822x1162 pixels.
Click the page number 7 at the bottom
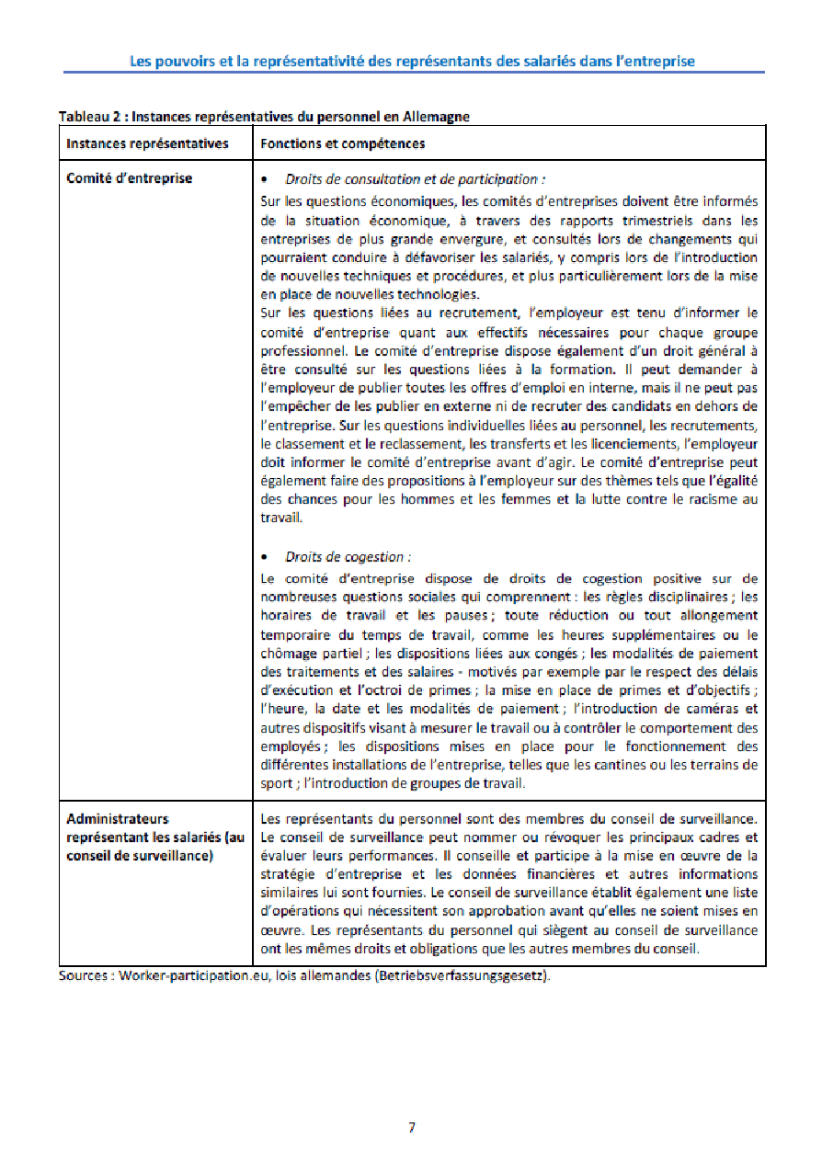pos(412,1128)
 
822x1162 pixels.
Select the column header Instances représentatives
pos(147,143)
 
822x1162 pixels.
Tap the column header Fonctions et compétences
pos(342,143)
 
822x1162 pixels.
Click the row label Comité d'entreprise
pos(129,178)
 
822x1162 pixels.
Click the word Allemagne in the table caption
pos(438,117)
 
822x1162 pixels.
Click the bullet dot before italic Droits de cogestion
pos(265,557)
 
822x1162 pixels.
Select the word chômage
pos(290,654)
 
